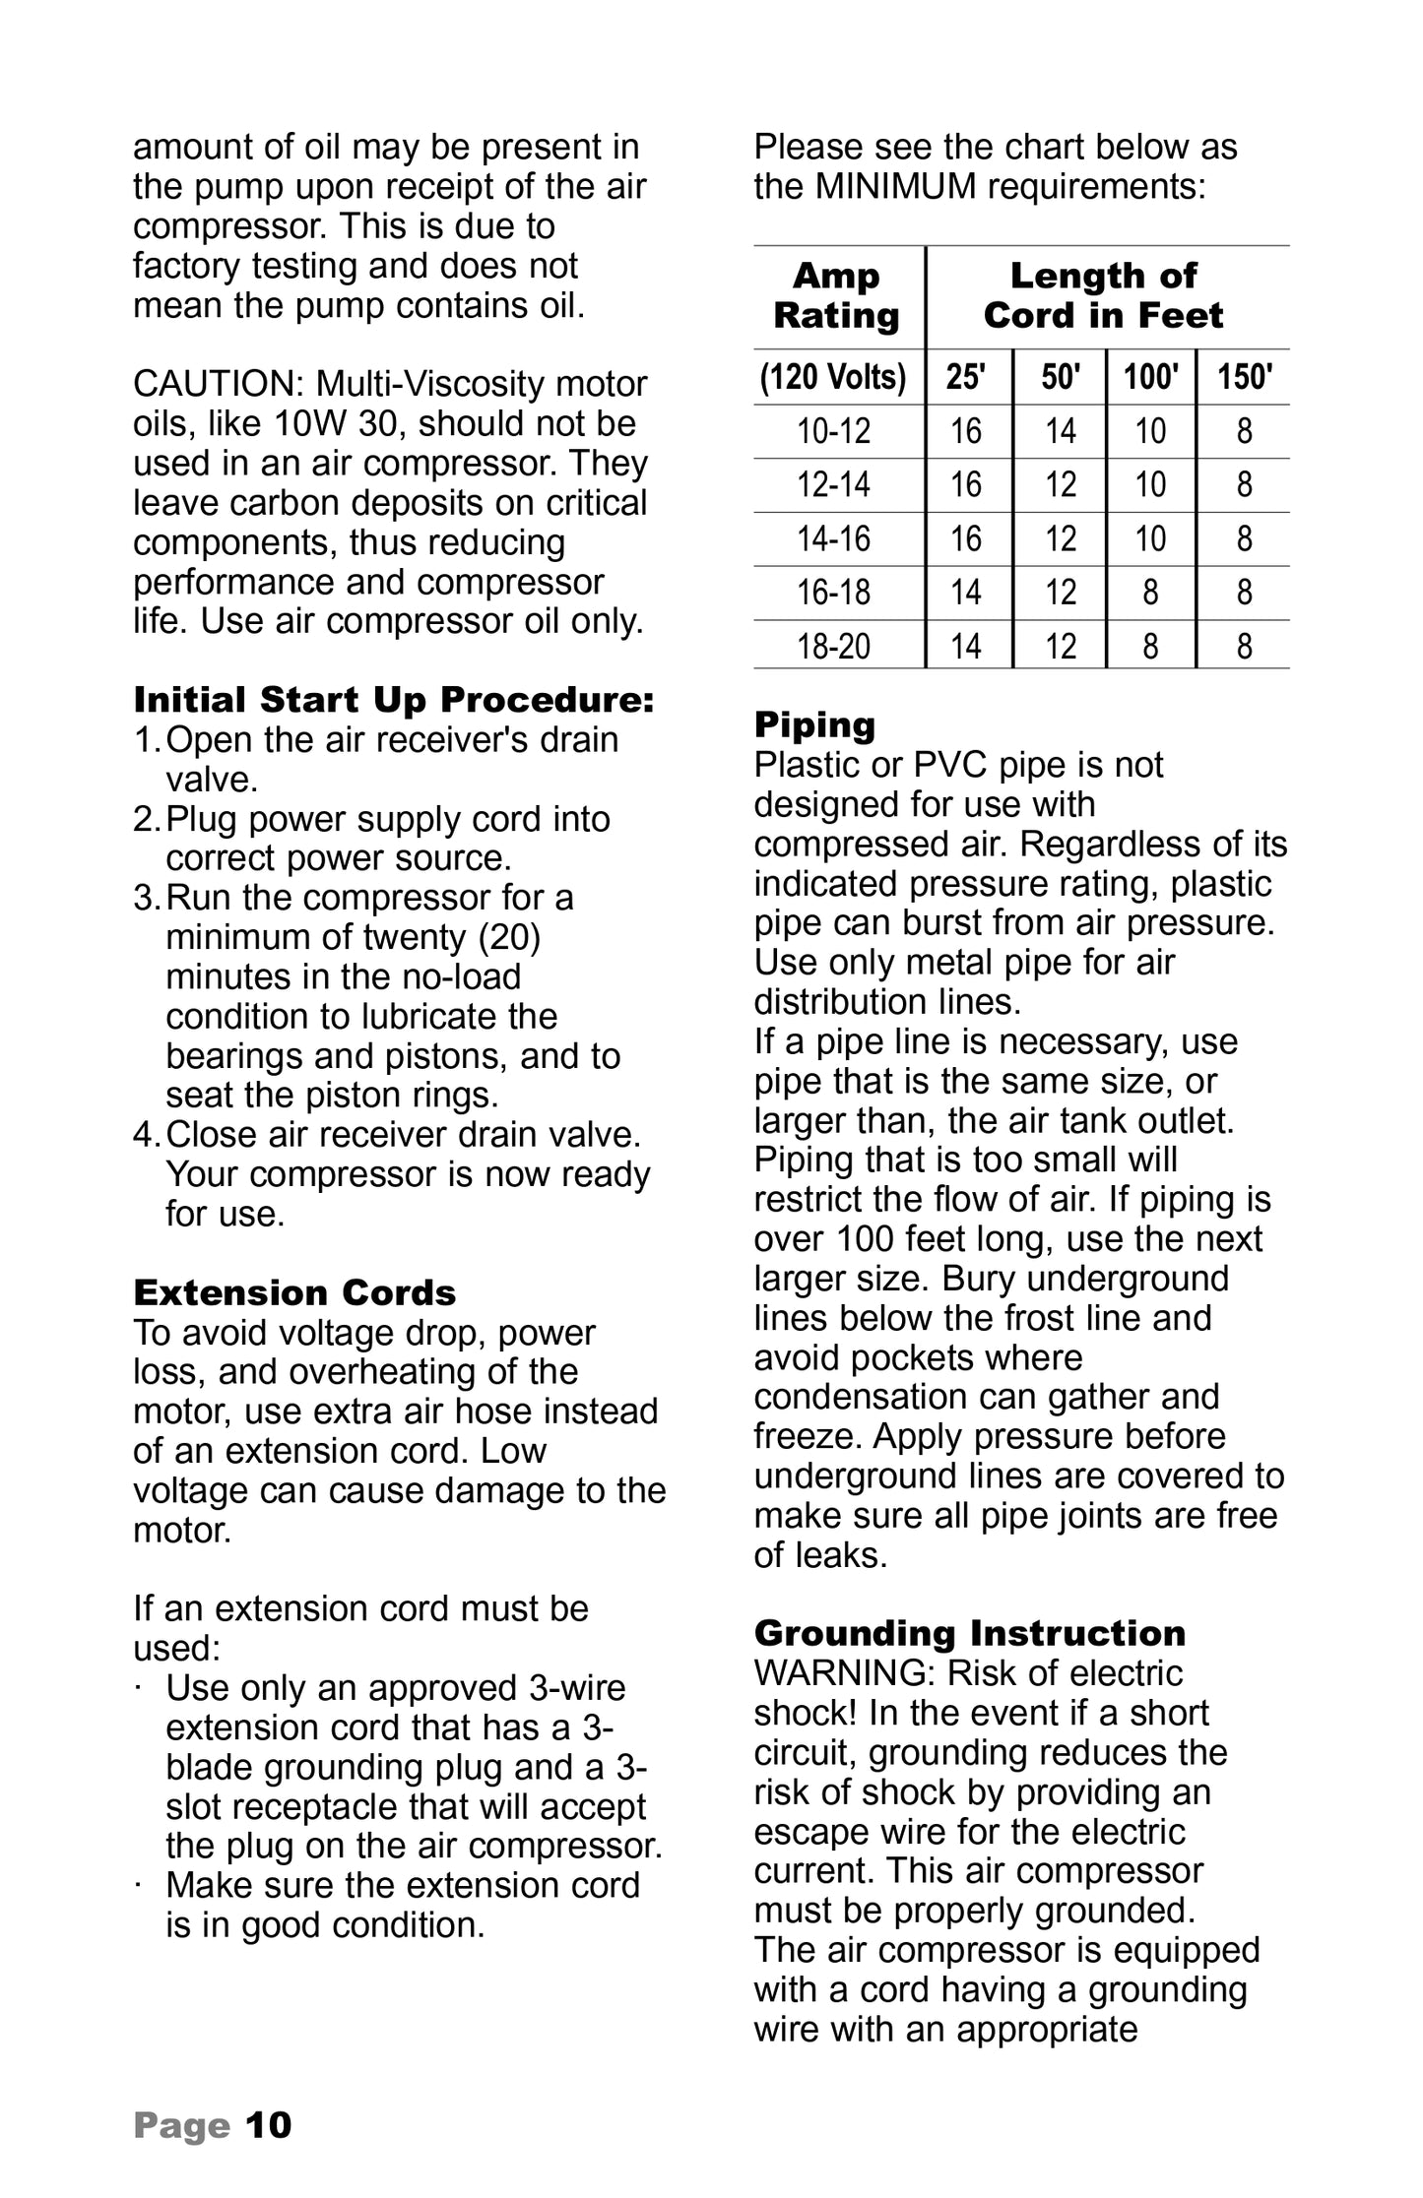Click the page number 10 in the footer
point(268,2124)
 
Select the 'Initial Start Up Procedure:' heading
point(394,700)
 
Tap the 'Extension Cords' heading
point(294,1291)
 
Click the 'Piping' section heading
point(814,724)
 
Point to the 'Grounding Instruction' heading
point(969,1633)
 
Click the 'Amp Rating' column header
point(836,295)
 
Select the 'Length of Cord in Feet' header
point(1103,295)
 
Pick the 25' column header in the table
point(966,377)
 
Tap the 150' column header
point(1244,377)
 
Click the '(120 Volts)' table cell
point(833,377)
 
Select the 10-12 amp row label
point(833,431)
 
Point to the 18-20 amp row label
point(833,646)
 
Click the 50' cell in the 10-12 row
point(1060,431)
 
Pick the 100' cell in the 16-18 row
point(1150,593)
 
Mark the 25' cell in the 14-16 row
point(966,538)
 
